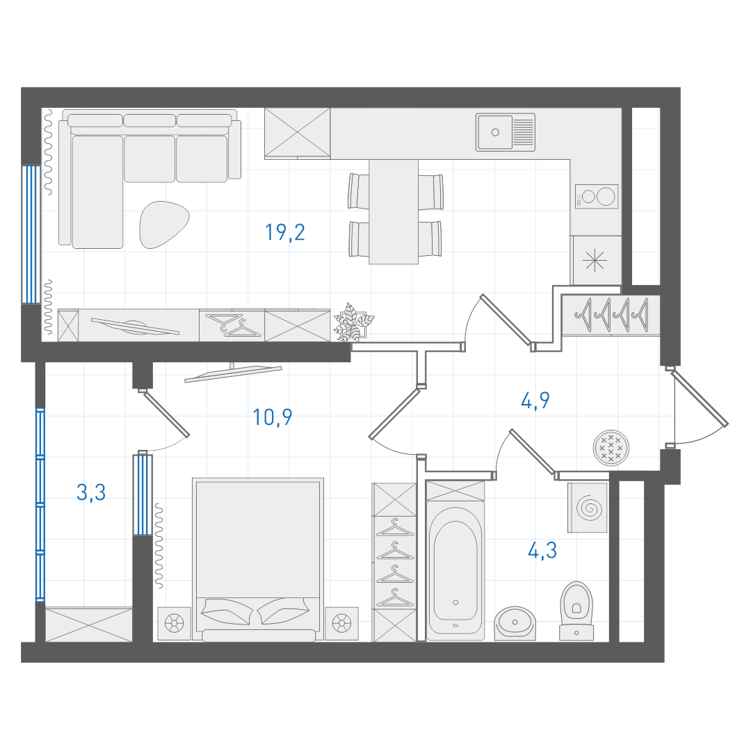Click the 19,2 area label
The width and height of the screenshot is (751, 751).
point(285,232)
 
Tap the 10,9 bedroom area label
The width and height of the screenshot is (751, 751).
point(273,417)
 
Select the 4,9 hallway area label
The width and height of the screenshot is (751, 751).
point(535,401)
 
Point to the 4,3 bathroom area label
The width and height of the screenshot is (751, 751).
point(542,551)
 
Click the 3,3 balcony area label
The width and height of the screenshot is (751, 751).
point(91,492)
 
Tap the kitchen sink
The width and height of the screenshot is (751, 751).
point(506,132)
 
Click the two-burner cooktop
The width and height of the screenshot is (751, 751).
point(597,196)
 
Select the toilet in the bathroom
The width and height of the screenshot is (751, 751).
point(576,611)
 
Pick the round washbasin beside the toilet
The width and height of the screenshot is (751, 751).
point(515,623)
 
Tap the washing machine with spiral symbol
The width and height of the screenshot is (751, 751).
point(588,508)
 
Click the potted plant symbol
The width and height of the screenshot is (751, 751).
point(353,323)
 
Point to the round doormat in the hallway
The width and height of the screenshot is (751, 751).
point(611,448)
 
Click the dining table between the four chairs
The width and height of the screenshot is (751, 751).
point(393,211)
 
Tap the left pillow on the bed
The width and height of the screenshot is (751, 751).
point(228,612)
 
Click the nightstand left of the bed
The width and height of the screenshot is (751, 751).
point(175,624)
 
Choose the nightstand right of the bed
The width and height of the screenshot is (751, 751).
point(341,624)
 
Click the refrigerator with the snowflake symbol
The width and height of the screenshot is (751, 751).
point(596,261)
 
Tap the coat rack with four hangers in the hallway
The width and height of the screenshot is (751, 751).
point(611,315)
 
